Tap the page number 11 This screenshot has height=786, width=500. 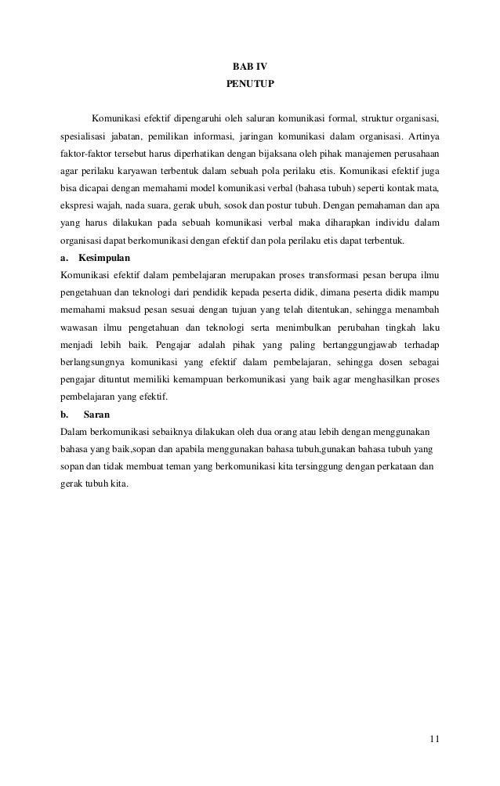[x=434, y=740]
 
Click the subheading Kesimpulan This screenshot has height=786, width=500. [x=105, y=257]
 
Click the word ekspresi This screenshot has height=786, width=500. [x=78, y=205]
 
